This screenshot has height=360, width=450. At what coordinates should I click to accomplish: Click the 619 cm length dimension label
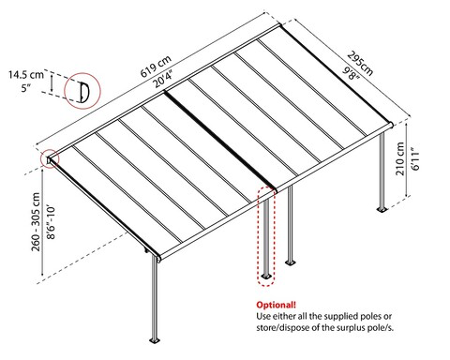pyautogui.click(x=156, y=67)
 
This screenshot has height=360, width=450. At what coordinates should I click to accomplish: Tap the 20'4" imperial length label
pyautogui.click(x=162, y=80)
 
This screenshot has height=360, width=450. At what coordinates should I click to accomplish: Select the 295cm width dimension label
pyautogui.click(x=360, y=64)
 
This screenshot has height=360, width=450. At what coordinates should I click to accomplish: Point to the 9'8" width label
pyautogui.click(x=351, y=73)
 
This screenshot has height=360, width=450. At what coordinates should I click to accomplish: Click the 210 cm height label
pyautogui.click(x=400, y=158)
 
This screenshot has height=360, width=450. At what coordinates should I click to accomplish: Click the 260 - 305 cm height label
pyautogui.click(x=36, y=221)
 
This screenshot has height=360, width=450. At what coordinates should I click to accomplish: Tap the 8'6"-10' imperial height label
pyautogui.click(x=51, y=221)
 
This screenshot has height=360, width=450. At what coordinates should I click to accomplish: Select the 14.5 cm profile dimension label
pyautogui.click(x=26, y=75)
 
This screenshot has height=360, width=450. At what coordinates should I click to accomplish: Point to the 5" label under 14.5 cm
pyautogui.click(x=26, y=88)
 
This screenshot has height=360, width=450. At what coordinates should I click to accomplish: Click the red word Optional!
pyautogui.click(x=276, y=305)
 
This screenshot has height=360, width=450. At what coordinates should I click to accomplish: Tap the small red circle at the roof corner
pyautogui.click(x=50, y=159)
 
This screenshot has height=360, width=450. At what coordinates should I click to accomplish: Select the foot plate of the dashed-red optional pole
pyautogui.click(x=266, y=277)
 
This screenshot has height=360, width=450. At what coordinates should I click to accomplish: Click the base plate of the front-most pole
pyautogui.click(x=154, y=340)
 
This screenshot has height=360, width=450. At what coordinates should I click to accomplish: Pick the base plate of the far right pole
pyautogui.click(x=382, y=209)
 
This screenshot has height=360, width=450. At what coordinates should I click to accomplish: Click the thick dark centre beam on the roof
pyautogui.click(x=220, y=141)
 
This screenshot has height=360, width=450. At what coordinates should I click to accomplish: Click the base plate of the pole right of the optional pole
pyautogui.click(x=291, y=262)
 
